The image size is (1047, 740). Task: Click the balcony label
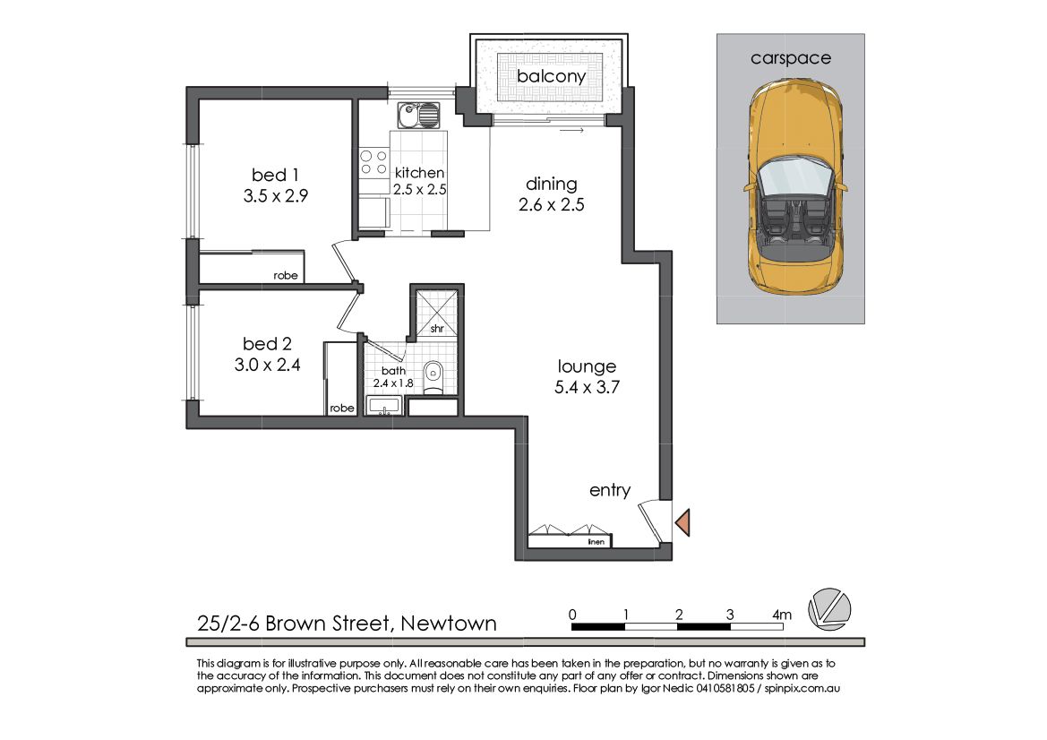(551, 76)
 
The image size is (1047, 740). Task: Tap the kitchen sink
(418, 116)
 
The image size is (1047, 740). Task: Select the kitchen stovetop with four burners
(373, 163)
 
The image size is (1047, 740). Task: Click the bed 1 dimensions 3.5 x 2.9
(276, 196)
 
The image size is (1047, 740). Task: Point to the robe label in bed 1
(286, 275)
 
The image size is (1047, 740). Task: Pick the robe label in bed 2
(342, 408)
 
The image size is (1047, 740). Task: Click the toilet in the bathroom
(433, 376)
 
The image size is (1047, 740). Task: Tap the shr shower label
(437, 329)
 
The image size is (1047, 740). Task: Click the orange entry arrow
(682, 522)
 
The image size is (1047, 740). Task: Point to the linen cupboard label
(596, 542)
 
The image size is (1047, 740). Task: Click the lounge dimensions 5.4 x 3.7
(587, 387)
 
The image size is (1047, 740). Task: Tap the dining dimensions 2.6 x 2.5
(552, 204)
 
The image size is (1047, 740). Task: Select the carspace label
(791, 59)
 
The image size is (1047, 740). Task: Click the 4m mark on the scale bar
(781, 615)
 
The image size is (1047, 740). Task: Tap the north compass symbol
(830, 609)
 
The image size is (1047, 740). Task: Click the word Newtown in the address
(449, 624)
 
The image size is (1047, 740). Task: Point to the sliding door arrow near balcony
(572, 130)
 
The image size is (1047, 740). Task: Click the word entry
(610, 491)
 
